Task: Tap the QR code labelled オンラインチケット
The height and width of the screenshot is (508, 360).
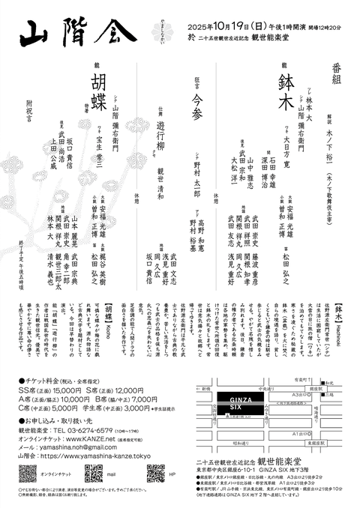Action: point(28,474)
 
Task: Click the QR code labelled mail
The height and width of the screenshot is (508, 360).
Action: point(94,474)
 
